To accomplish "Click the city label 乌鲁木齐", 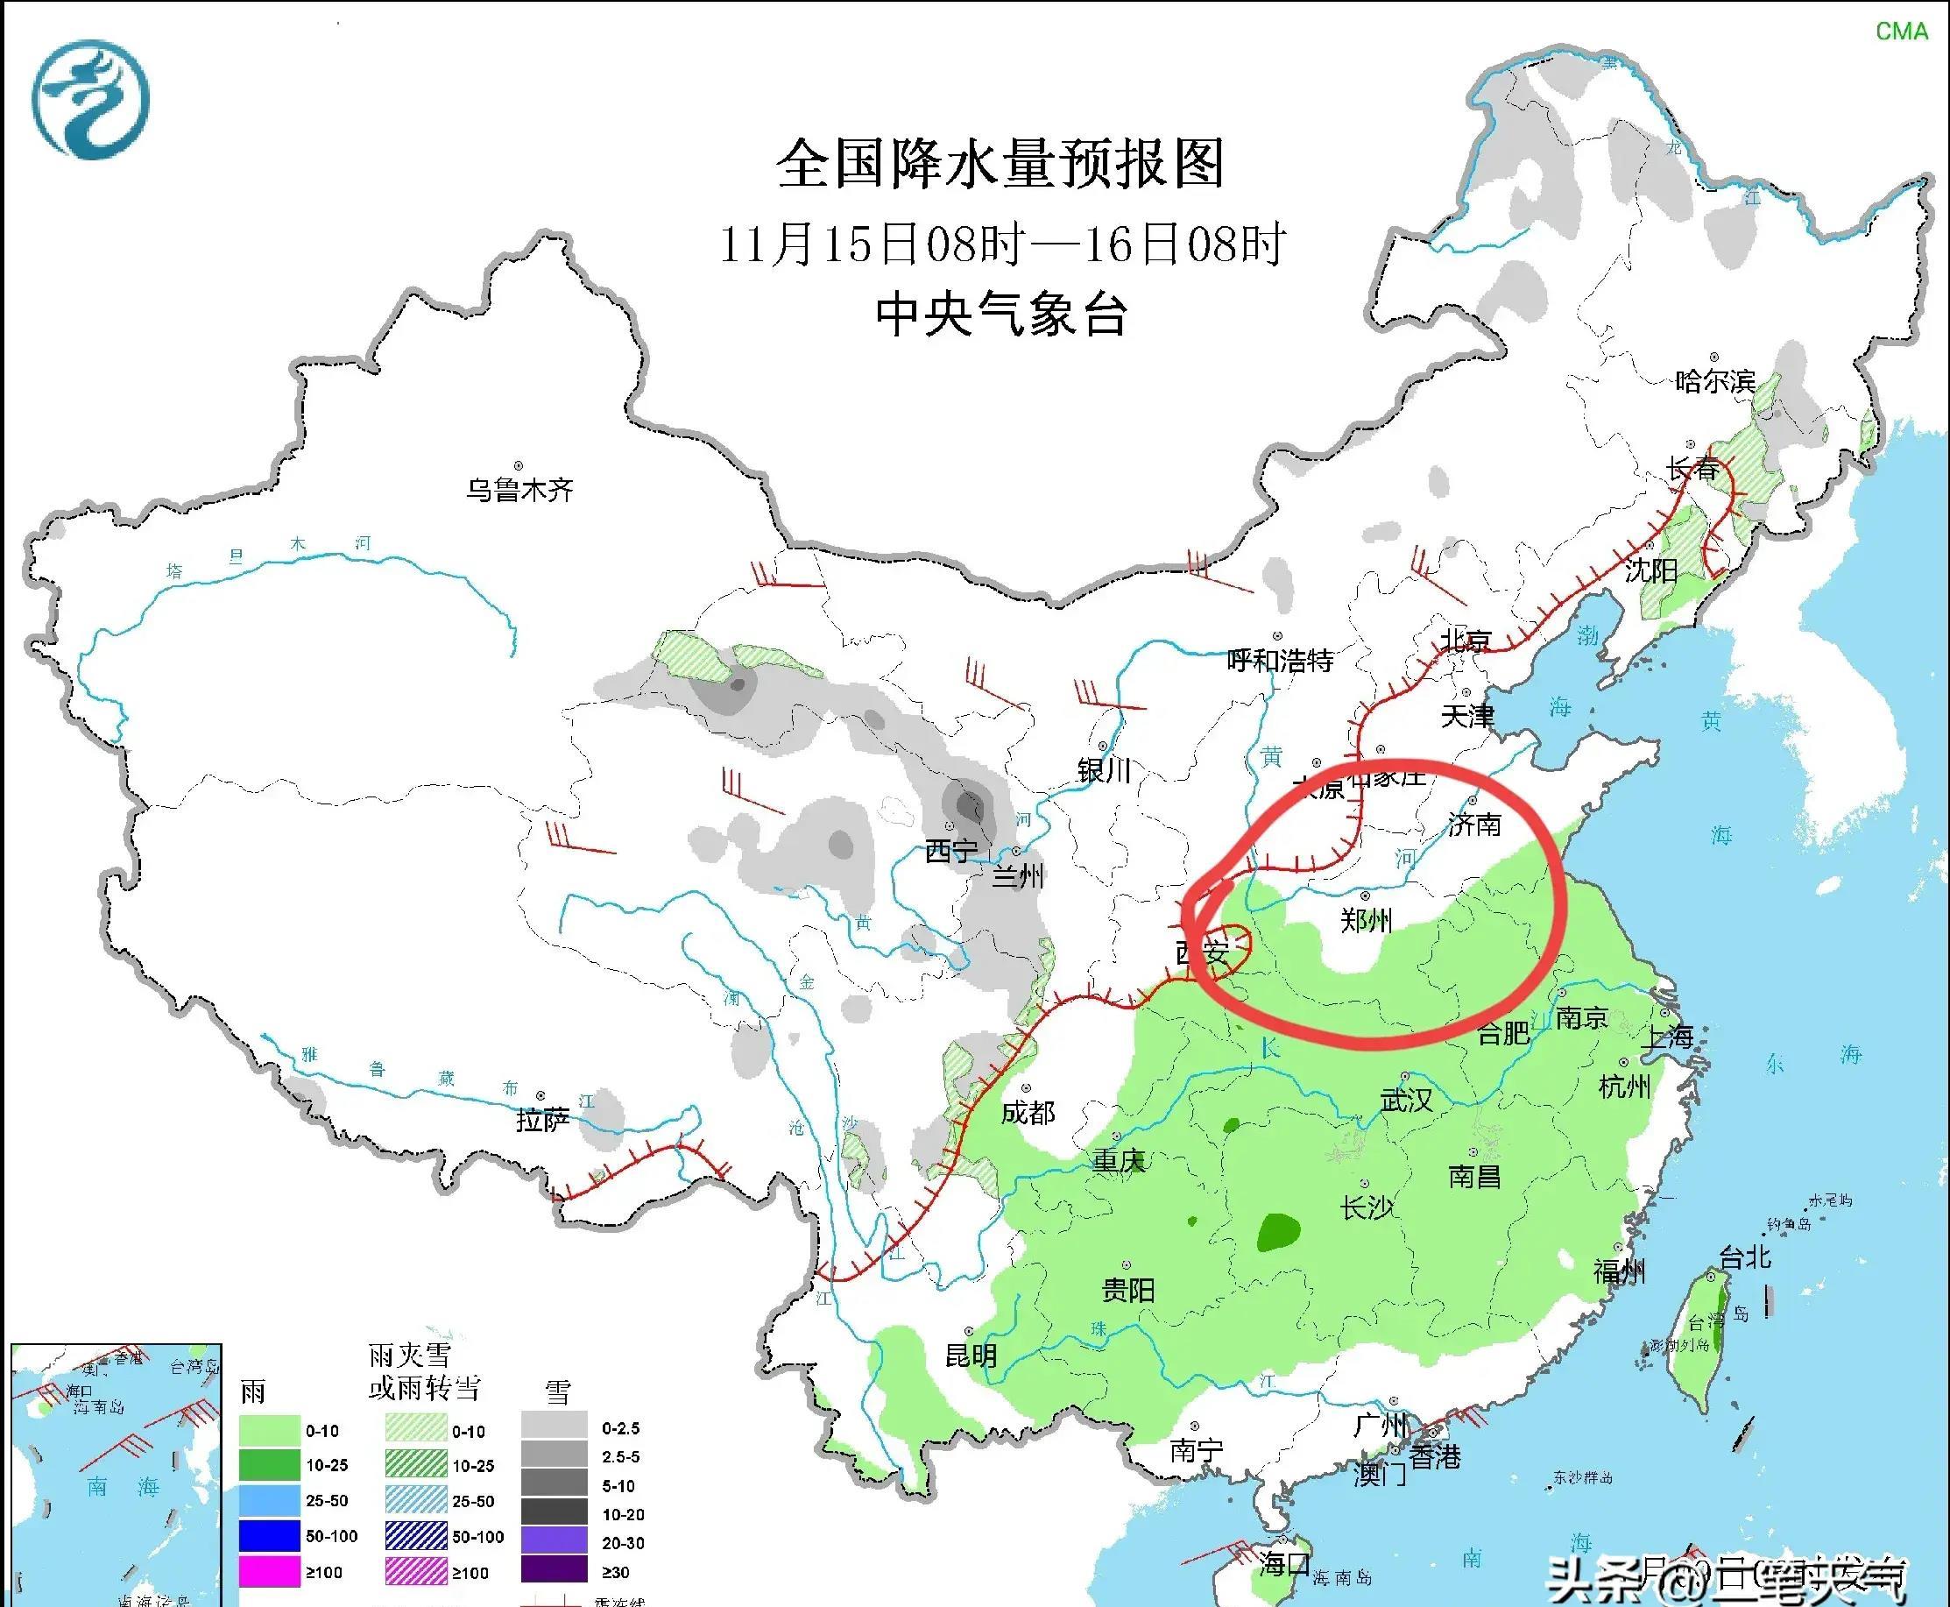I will [519, 490].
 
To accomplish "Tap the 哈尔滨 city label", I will [1715, 380].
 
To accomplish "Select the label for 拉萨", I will [543, 1120].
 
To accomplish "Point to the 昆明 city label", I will [971, 1356].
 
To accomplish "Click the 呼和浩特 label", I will [1280, 660].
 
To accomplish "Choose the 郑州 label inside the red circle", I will [1366, 920].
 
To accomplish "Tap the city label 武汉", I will [1406, 1101].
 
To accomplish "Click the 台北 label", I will [1744, 1257].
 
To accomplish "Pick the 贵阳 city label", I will [1128, 1290].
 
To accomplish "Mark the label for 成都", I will [1028, 1113].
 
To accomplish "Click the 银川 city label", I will [1104, 770].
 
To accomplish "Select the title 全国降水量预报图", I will [1000, 165].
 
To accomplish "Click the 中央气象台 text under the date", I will [1000, 315].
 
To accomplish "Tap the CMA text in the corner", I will [1901, 32].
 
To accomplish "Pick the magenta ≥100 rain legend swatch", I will [269, 1572].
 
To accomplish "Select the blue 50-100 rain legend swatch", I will [269, 1537].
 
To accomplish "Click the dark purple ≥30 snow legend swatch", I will [554, 1572].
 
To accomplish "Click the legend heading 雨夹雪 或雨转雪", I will [424, 1372].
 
